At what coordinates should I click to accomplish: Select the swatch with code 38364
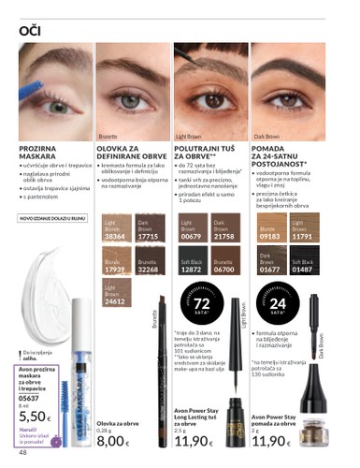click(x=113, y=230)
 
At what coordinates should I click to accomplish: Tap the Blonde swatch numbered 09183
click(x=269, y=230)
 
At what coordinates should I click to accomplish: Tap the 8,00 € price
click(x=111, y=440)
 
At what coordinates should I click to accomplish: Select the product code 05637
click(x=29, y=396)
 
